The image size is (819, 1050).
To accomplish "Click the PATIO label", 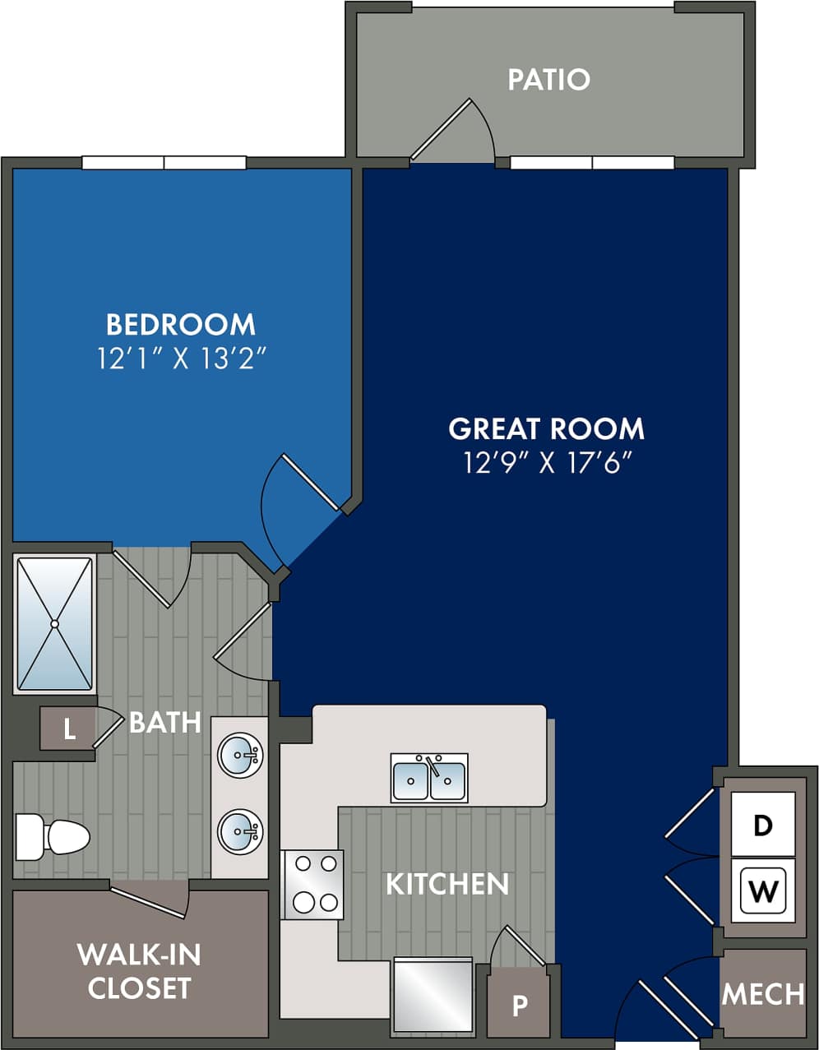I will [548, 80].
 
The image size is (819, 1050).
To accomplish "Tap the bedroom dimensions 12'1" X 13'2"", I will [181, 358].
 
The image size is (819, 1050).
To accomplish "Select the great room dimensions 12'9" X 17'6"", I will [547, 463].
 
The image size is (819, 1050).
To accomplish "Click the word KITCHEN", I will [447, 884].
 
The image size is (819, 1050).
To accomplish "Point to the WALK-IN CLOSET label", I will [140, 971].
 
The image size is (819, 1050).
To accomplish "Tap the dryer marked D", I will [763, 825].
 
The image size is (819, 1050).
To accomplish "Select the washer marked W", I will [763, 890].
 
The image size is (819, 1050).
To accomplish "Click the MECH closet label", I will [763, 994].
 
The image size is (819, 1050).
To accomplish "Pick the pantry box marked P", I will [520, 1005].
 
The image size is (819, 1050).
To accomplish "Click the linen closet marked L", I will [69, 729].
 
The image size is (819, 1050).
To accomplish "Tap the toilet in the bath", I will [53, 837].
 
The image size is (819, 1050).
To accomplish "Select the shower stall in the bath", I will [55, 624].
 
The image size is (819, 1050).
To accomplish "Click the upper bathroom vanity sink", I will [240, 753].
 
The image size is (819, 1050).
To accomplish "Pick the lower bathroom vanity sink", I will [240, 832].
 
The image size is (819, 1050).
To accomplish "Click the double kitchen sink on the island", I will [429, 778].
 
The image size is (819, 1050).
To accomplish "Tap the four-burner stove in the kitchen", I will [313, 884].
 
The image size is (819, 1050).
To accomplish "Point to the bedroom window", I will [164, 163].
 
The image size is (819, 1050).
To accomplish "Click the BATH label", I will [165, 722].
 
